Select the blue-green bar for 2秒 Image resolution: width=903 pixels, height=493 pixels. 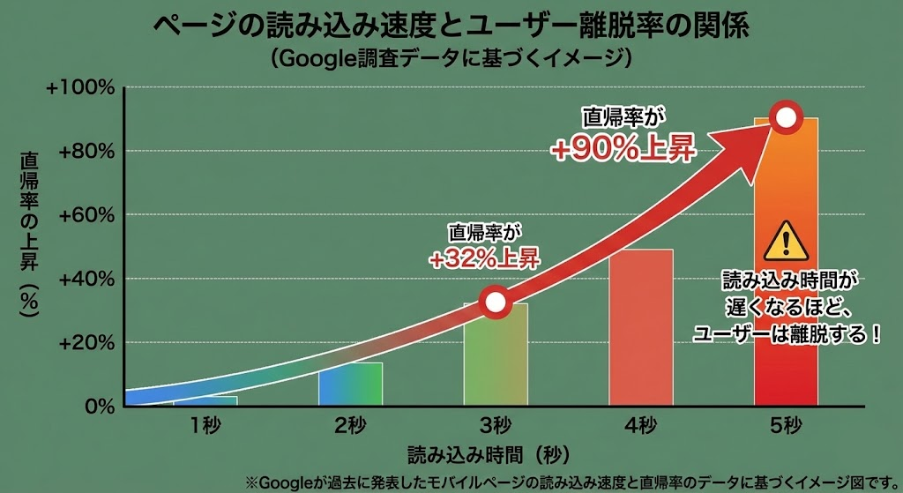pyautogui.click(x=350, y=385)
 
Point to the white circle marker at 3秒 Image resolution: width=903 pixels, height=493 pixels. pyautogui.click(x=496, y=302)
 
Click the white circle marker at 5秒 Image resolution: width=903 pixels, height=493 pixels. pyautogui.click(x=785, y=117)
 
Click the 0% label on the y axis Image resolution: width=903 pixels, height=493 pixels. pyautogui.click(x=99, y=407)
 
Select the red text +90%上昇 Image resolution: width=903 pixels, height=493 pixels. pyautogui.click(x=624, y=150)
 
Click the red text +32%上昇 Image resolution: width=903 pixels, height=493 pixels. pyautogui.click(x=484, y=258)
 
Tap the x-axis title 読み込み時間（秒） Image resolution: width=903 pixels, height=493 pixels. pyautogui.click(x=488, y=456)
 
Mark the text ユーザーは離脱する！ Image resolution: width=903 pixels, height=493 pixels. pyautogui.click(x=787, y=335)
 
